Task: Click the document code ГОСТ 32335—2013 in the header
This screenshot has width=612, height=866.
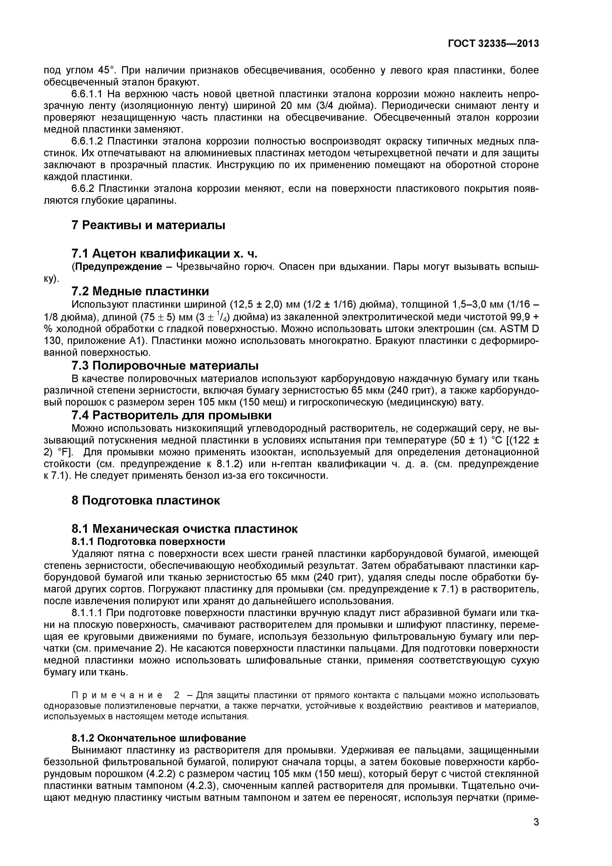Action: pos(493,44)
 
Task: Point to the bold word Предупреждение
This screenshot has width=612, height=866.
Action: pos(118,267)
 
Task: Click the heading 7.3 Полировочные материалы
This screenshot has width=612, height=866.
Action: pos(165,365)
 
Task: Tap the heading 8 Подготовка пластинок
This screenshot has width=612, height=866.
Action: pos(146,501)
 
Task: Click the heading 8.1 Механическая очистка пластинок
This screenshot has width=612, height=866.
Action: pos(184,529)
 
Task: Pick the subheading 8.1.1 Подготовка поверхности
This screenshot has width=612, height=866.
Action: pos(148,542)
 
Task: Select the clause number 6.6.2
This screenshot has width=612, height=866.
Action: pos(82,189)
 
